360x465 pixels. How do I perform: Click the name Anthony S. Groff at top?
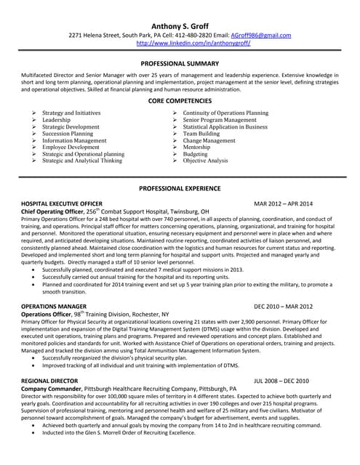pyautogui.click(x=180, y=24)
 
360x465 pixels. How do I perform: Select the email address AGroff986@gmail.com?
pyautogui.click(x=260, y=35)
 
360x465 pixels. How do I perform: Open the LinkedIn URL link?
pyautogui.click(x=193, y=43)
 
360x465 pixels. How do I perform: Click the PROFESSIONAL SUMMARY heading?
pyautogui.click(x=180, y=65)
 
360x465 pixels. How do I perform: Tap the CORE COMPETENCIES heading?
pyautogui.click(x=180, y=102)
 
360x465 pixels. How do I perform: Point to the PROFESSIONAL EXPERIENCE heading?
pyautogui.click(x=180, y=189)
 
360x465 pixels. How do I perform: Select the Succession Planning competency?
pyautogui.click(x=68, y=134)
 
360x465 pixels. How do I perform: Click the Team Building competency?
pyautogui.click(x=201, y=134)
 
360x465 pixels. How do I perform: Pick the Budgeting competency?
pyautogui.click(x=195, y=154)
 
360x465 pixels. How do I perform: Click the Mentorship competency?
pyautogui.click(x=197, y=147)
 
